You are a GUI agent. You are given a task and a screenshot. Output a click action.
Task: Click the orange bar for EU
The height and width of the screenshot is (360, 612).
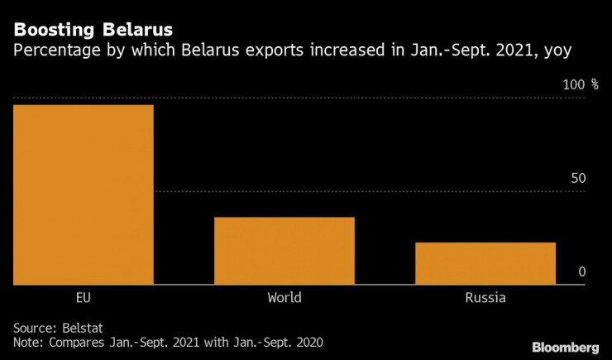click(x=83, y=194)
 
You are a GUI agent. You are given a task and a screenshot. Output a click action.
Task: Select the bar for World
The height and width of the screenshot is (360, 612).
click(x=284, y=251)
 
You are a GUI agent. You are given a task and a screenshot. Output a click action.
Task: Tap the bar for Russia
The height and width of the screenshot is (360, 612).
click(x=485, y=263)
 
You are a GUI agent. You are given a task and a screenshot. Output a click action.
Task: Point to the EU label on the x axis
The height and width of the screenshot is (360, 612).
click(x=83, y=298)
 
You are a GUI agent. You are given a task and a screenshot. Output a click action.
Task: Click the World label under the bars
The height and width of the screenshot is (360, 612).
click(x=284, y=298)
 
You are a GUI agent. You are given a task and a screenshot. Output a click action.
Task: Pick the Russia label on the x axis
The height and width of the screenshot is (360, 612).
click(x=485, y=298)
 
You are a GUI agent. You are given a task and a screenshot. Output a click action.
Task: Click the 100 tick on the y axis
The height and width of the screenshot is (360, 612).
click(x=574, y=84)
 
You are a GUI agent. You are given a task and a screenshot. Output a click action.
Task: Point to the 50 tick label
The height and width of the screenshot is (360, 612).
click(x=578, y=179)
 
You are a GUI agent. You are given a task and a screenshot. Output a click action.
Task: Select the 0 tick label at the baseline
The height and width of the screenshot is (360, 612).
click(x=582, y=271)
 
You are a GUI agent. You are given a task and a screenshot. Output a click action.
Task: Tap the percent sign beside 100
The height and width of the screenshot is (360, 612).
click(x=594, y=84)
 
